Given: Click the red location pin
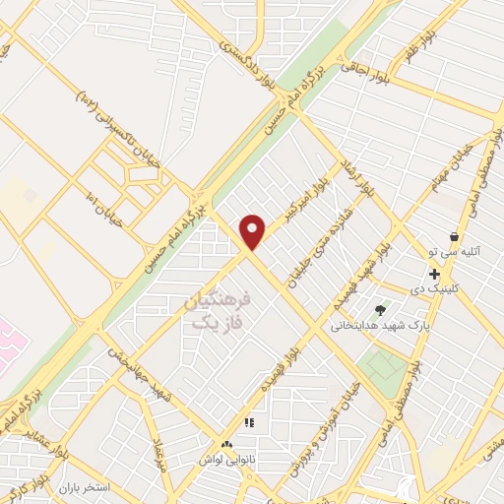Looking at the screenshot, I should pos(253,231).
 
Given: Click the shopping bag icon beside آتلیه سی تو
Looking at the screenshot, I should pos(454,236).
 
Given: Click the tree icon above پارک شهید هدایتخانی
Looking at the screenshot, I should pos(381,311).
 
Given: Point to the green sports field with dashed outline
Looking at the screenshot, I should pos(382,367).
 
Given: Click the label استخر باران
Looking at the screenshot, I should pos(80,487).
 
